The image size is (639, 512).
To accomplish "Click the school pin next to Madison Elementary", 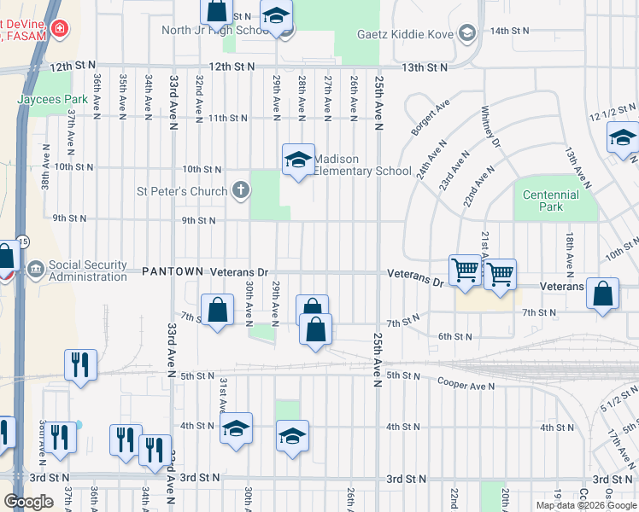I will tap(297, 160).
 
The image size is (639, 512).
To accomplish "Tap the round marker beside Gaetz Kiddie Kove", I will tap(466, 33).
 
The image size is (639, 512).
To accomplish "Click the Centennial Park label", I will tap(551, 201).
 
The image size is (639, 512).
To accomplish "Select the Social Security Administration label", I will tap(88, 271).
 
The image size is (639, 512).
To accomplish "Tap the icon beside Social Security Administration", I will tap(36, 271).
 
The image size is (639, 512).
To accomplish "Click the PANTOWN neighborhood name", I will tap(172, 271).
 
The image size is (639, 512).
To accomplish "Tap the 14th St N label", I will tap(509, 30).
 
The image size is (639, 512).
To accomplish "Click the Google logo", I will tap(28, 502).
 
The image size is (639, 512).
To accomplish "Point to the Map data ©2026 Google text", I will tap(586, 505).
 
